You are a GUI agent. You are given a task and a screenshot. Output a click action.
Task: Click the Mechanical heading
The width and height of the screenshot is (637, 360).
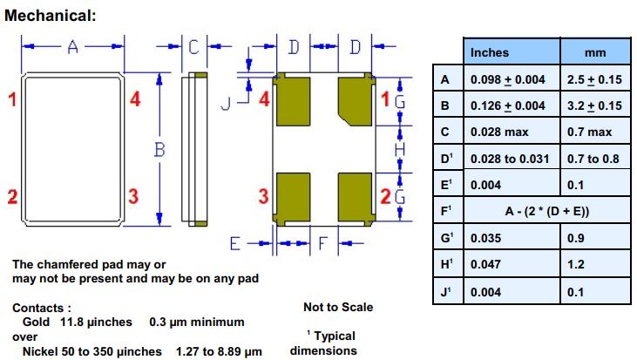[x=51, y=16]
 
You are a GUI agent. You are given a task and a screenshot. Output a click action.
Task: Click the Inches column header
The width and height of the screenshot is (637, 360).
[x=489, y=53]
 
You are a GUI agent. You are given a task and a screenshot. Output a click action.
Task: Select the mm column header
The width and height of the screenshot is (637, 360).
[x=594, y=53]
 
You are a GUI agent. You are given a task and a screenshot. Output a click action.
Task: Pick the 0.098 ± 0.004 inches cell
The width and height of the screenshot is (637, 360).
[x=507, y=80]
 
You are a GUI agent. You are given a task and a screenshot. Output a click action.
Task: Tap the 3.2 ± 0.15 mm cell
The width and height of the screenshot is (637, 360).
[x=594, y=106]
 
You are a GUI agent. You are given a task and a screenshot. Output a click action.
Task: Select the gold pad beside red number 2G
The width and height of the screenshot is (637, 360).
[x=356, y=197]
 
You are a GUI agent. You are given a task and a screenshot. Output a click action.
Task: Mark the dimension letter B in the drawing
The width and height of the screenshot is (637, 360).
[x=159, y=150]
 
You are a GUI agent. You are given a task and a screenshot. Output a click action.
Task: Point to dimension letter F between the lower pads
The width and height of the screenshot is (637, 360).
[x=322, y=243]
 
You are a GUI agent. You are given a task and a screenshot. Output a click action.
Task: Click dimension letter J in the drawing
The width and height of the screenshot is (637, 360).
[x=224, y=104]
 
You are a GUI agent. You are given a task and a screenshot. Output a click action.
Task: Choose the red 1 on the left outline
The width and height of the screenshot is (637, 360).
[x=12, y=99]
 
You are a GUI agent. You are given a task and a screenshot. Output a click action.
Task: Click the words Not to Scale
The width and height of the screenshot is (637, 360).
[x=338, y=307]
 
